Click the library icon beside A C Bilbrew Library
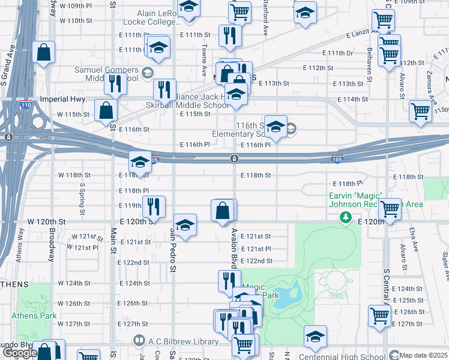coord(139,341)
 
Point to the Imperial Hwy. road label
coord(64,98)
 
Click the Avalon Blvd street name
coord(233,254)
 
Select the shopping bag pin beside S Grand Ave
coord(44,52)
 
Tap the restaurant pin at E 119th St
coord(153,207)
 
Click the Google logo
coord(20,353)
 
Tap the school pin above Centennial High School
coord(315,337)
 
